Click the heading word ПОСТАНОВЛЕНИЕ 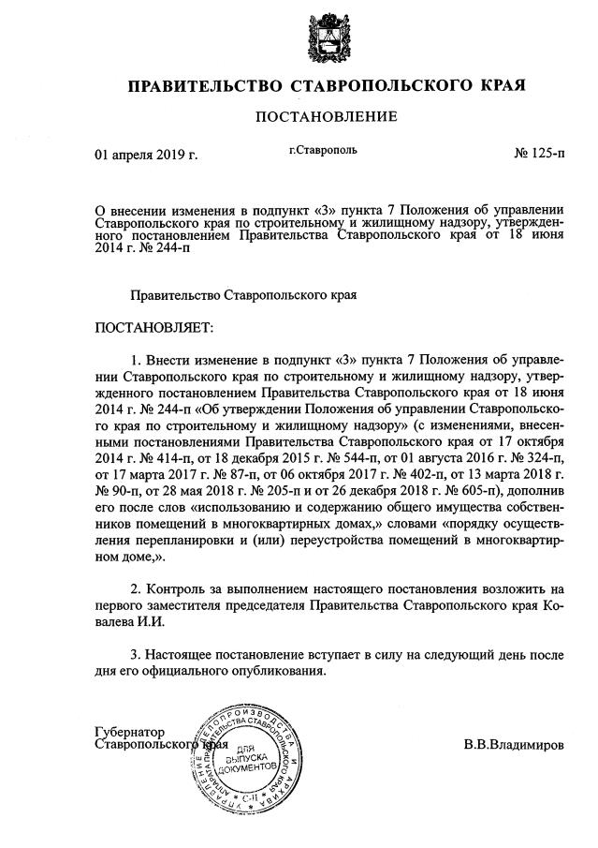(x=320, y=116)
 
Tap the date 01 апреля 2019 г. (x=146, y=155)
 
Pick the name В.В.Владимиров (x=514, y=747)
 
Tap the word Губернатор (x=130, y=731)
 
